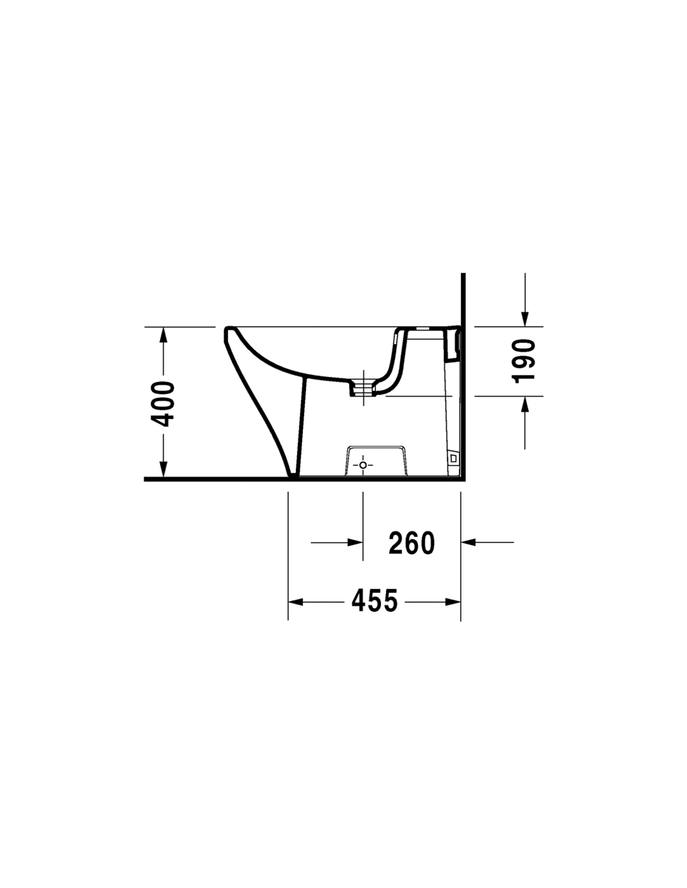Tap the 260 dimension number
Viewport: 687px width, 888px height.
click(411, 543)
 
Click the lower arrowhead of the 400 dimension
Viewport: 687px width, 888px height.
click(163, 469)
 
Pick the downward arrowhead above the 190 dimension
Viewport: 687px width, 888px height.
click(525, 319)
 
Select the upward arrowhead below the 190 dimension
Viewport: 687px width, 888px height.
click(525, 404)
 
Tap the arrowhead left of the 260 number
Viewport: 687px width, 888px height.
click(355, 542)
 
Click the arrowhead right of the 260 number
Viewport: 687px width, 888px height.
click(468, 542)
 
